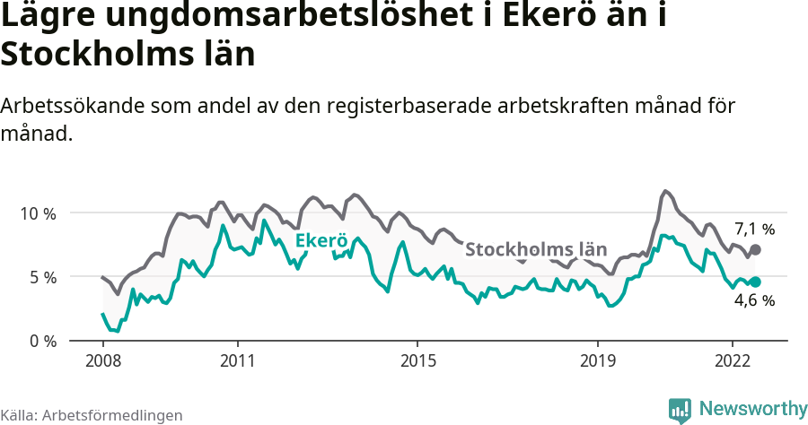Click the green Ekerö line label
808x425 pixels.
click(x=321, y=240)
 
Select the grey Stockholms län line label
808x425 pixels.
click(x=537, y=249)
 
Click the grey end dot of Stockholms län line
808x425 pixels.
click(x=755, y=249)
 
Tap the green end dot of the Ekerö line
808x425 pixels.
click(x=755, y=282)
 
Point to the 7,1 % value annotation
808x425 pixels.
click(x=754, y=229)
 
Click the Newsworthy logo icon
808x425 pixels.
click(x=680, y=410)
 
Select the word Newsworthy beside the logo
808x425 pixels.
click(x=753, y=409)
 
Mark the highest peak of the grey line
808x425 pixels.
click(x=664, y=191)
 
